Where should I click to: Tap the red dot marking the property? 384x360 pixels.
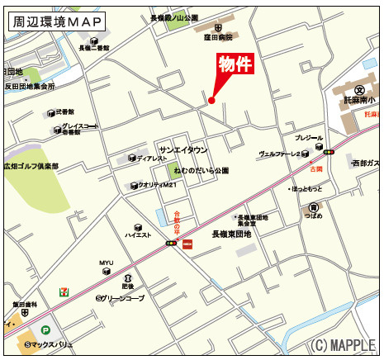coord(211,101)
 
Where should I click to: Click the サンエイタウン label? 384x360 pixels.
coord(183,149)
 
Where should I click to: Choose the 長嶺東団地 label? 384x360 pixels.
coord(231,234)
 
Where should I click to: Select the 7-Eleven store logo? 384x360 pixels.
coord(64,292)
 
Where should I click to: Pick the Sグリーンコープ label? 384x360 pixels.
coord(120,298)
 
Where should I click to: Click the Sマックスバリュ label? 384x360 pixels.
coord(51,344)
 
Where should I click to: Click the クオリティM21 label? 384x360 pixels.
coord(159,185)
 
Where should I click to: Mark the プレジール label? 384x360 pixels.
coord(309,138)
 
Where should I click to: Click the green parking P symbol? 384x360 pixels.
coord(45,329)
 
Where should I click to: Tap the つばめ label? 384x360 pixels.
coord(313,216)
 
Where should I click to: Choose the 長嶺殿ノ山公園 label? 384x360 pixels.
coord(174,17)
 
